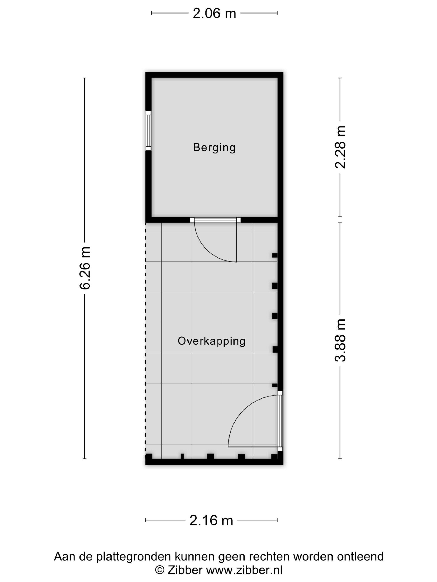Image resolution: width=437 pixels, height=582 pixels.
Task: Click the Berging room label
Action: [214, 148]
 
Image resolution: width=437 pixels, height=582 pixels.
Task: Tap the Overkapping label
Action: [211, 341]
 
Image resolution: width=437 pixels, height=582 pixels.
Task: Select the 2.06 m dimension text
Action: [214, 14]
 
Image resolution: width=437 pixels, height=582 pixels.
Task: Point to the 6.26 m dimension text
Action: [85, 268]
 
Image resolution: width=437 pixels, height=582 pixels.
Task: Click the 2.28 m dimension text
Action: [340, 147]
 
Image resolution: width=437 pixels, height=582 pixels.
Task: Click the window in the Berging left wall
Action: [149, 131]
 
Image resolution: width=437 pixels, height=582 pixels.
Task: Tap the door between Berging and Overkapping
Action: [215, 240]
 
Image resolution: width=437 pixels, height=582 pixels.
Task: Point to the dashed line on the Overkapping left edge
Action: [145, 337]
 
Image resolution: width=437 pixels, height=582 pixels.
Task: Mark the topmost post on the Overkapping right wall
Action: [275, 255]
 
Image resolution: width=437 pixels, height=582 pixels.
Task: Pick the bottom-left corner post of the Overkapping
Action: [149, 456]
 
